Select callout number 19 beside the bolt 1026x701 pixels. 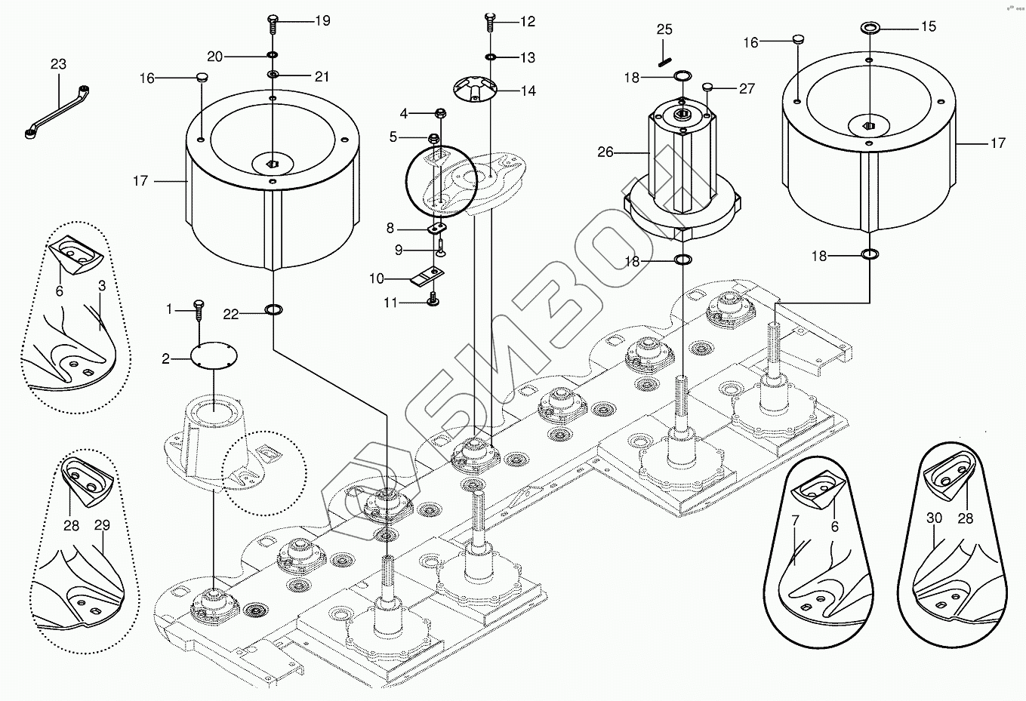(x=322, y=21)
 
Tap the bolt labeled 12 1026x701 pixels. (x=488, y=22)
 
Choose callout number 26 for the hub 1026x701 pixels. (x=605, y=152)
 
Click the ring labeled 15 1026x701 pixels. (x=870, y=28)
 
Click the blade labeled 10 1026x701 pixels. (x=425, y=278)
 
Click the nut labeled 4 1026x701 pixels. (x=439, y=114)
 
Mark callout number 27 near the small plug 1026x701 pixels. (x=747, y=89)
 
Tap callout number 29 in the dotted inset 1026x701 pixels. (x=101, y=525)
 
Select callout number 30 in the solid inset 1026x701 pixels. (x=934, y=518)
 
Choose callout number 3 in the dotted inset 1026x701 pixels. (x=101, y=287)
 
